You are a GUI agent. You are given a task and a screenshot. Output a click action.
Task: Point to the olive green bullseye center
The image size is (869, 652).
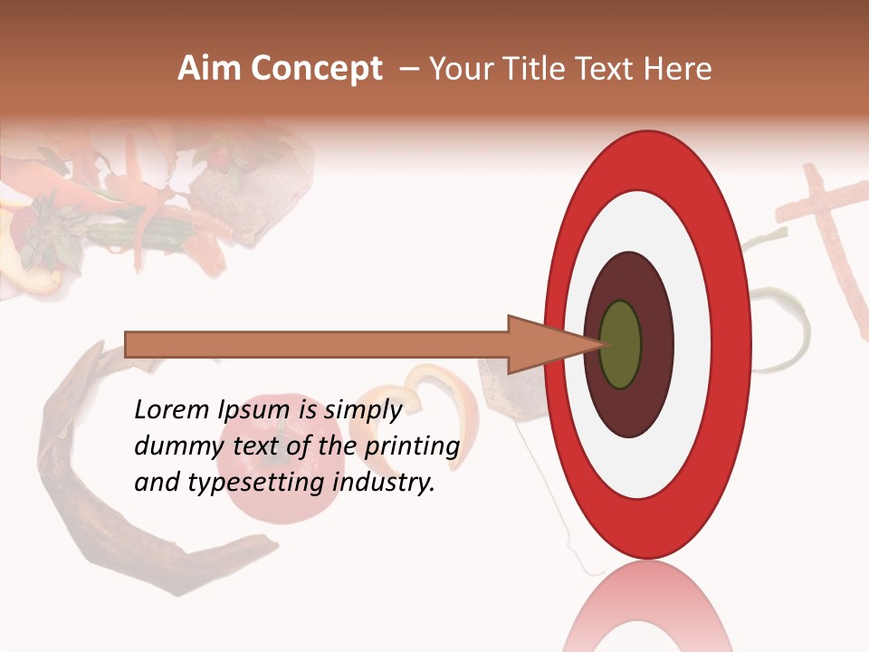pyautogui.click(x=621, y=344)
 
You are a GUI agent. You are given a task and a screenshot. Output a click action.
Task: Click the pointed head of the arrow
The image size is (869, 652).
pyautogui.click(x=543, y=344)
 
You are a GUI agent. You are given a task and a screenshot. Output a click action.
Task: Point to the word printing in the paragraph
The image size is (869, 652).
pyautogui.click(x=412, y=447)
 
